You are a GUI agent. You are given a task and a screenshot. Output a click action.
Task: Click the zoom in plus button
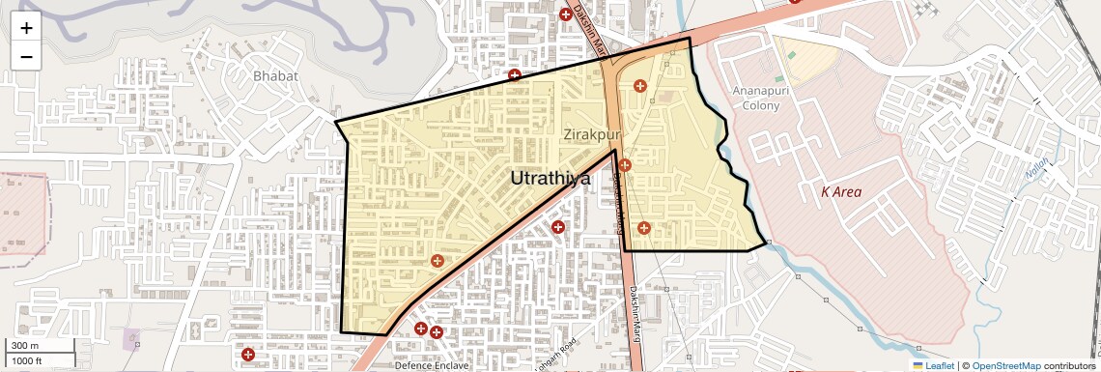26,28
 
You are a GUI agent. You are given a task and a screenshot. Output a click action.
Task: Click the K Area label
840,191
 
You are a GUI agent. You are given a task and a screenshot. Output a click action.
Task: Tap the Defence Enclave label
432,366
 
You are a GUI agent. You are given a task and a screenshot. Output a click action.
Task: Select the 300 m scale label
26,346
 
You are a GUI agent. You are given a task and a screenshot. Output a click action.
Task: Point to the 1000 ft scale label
27,361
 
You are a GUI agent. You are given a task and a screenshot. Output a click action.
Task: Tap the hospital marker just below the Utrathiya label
557,227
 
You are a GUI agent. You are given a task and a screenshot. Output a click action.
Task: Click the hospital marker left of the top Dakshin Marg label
566,14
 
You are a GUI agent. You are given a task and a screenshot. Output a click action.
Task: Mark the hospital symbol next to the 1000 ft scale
248,354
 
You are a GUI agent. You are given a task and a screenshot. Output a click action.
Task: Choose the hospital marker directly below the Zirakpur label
625,165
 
